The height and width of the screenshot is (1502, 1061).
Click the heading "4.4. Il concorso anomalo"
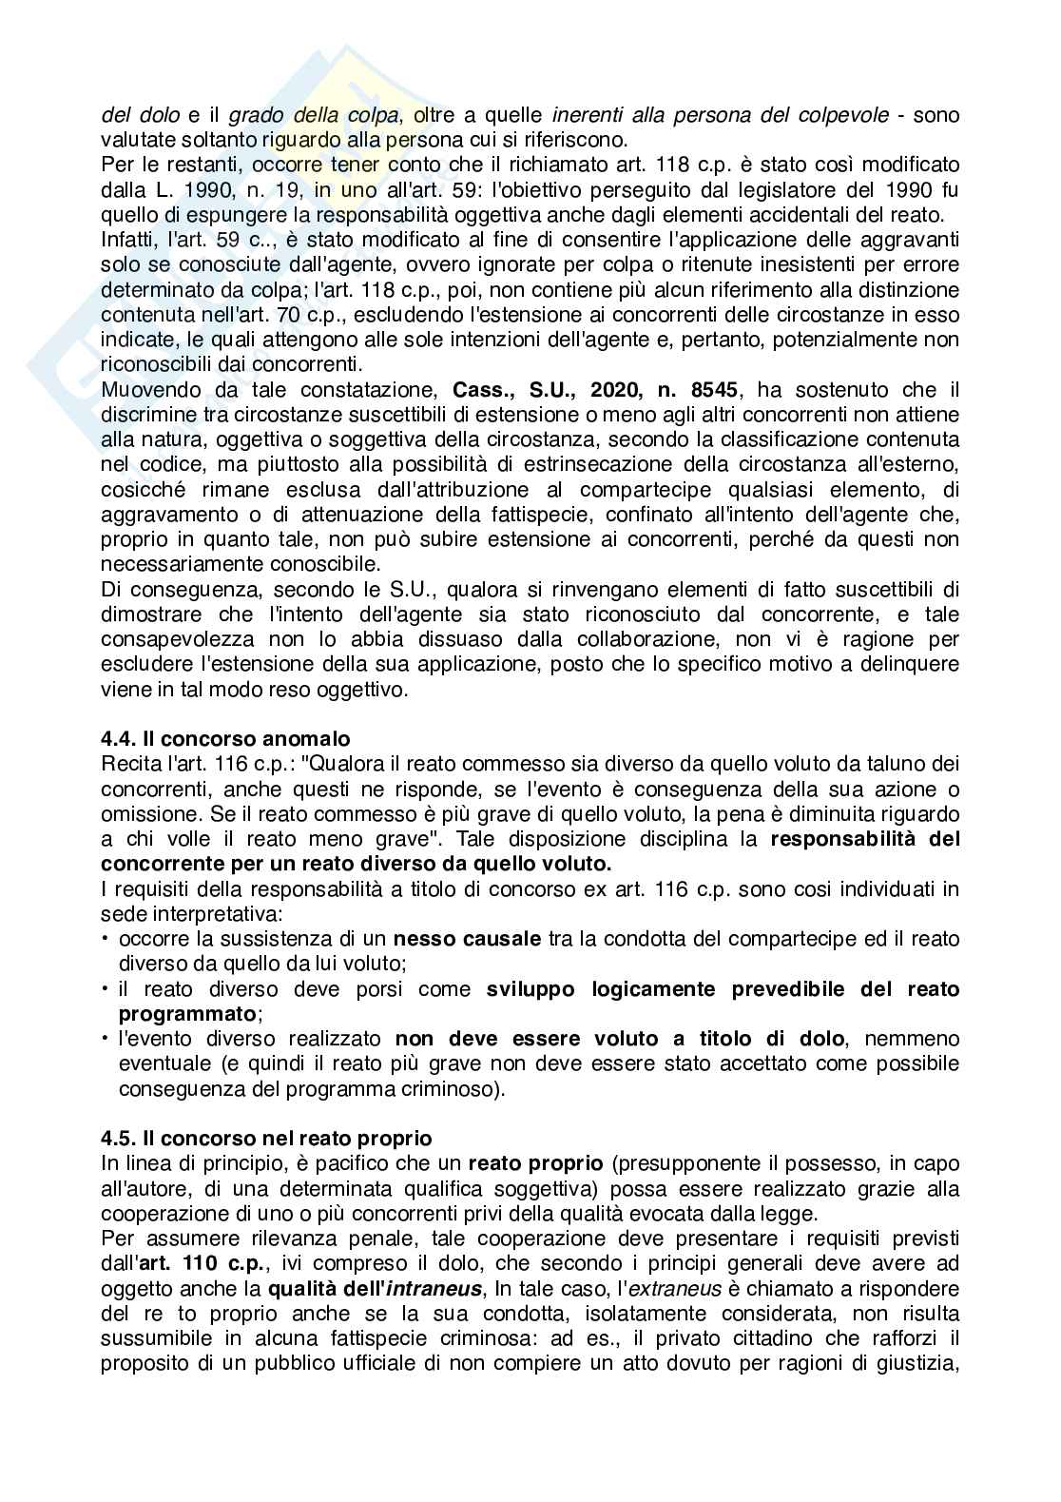[225, 738]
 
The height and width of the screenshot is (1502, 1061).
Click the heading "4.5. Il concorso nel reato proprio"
[266, 1138]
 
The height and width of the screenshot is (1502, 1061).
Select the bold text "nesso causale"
[467, 938]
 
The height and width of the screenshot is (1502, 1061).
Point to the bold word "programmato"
[187, 1013]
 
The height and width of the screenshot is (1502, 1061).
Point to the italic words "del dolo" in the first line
[140, 115]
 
